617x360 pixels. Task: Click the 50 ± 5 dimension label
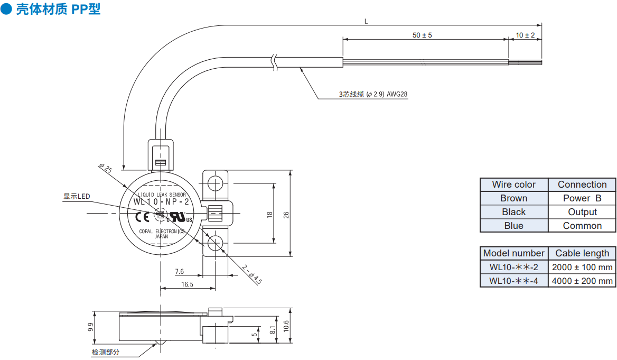coord(422,35)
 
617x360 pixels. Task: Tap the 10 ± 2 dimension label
coord(525,35)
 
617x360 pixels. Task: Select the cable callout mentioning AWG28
coord(373,94)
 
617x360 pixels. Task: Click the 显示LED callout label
coord(77,196)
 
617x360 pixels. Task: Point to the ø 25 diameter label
coord(106,168)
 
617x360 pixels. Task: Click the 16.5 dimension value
coord(188,284)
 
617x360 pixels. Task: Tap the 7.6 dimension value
coord(180,271)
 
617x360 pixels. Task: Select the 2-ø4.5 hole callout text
coord(252,274)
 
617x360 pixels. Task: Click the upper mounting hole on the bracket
coord(215,183)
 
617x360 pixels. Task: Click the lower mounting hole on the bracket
coord(215,244)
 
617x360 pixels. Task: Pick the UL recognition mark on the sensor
coord(180,217)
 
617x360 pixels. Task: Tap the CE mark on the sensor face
coord(142,217)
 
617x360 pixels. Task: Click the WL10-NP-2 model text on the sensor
coord(161,201)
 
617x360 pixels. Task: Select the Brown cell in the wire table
coord(513,198)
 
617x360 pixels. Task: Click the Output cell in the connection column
coord(582,212)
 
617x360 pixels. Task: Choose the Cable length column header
coord(582,253)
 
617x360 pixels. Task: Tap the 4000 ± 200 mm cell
coord(582,281)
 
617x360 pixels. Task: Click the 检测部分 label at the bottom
coord(106,352)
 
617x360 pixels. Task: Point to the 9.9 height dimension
coord(91,327)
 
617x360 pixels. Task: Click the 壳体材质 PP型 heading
coord(58,8)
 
